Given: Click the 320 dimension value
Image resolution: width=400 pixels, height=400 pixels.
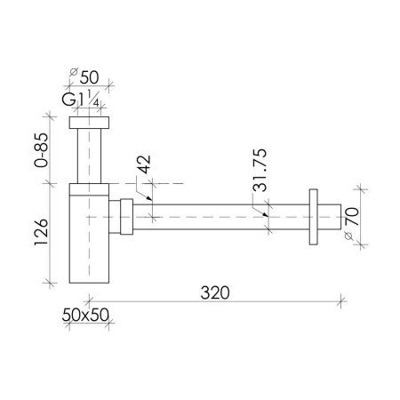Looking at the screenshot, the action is pos(215,292).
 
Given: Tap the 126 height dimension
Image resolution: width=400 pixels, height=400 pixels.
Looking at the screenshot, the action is pos(41,232).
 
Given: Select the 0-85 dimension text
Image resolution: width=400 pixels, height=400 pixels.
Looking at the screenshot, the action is pos(41,150).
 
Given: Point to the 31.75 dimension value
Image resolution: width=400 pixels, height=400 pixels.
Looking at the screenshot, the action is pos(260,170).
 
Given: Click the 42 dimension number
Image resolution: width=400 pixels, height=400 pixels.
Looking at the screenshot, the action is pos(144,164).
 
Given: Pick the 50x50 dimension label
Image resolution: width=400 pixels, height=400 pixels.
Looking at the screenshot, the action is pos(85,315).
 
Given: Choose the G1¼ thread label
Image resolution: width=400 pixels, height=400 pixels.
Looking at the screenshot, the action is pos(80,99).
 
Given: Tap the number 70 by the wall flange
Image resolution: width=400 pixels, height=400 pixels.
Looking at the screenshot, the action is pos(352,217).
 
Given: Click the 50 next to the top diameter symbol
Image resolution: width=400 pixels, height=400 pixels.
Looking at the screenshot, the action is pos(89,77).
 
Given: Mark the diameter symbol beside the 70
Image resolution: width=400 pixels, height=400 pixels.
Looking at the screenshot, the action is pos(348,236).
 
